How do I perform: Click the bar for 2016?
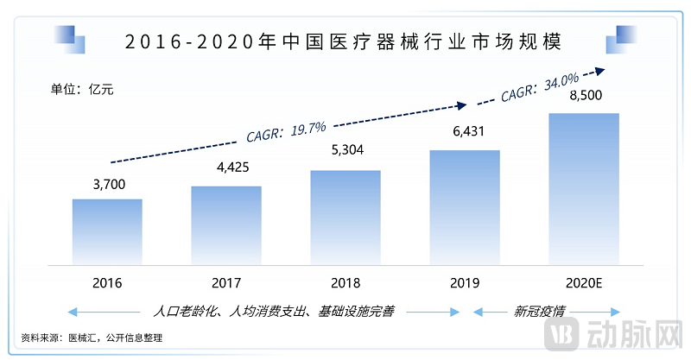pos(107,231)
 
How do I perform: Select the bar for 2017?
pos(226,224)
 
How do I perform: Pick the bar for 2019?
pos(465,206)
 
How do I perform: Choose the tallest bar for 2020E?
pos(585,187)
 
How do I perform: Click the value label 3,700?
pos(107,184)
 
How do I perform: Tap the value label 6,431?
pos(465,135)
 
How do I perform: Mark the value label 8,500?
pos(585,97)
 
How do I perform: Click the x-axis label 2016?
pos(107,282)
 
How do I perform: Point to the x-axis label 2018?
pos(345,282)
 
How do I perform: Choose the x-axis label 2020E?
pos(585,282)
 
